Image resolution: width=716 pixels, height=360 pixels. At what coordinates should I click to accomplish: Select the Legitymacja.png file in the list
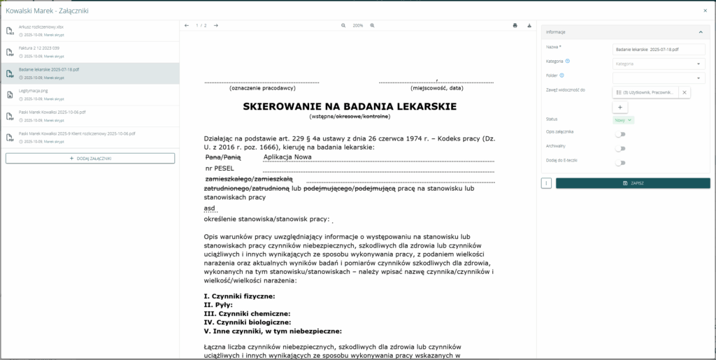point(34,91)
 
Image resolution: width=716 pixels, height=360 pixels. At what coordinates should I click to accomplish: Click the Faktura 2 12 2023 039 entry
point(40,48)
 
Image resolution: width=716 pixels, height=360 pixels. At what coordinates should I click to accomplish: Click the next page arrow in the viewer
point(216,26)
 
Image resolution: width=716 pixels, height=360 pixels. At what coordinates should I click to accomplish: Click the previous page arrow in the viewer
point(187,26)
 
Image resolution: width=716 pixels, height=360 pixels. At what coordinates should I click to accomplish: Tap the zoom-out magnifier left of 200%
point(343,26)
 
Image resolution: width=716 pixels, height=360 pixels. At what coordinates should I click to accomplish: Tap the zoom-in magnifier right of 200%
point(372,26)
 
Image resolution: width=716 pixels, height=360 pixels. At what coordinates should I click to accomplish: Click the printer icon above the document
point(515,26)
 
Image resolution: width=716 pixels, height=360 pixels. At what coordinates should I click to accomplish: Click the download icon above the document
point(529,26)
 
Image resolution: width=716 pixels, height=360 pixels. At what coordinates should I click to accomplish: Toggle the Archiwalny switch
point(620,148)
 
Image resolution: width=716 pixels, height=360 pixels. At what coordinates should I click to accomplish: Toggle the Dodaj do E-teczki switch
point(620,163)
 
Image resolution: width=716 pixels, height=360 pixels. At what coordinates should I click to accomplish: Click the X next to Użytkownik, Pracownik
point(685,92)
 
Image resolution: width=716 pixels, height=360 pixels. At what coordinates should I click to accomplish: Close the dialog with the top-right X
point(705,10)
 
